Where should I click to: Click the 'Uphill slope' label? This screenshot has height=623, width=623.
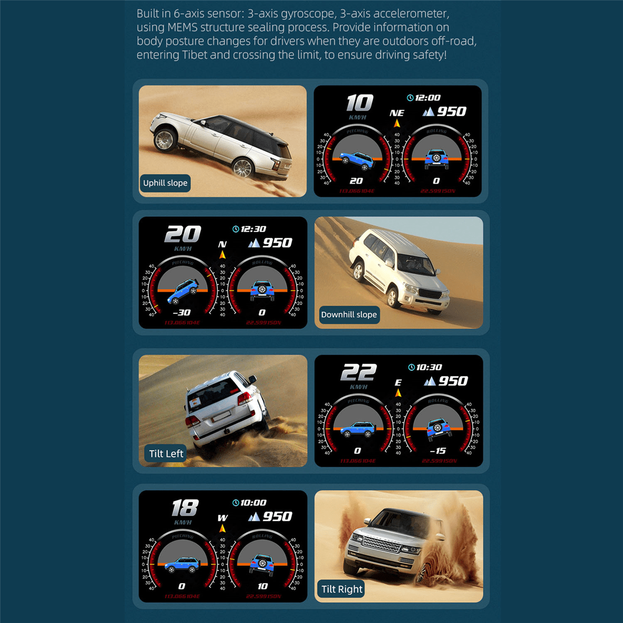pyautogui.click(x=165, y=183)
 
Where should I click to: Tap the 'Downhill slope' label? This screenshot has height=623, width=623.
pyautogui.click(x=349, y=315)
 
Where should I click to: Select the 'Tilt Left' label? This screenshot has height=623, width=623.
pyautogui.click(x=166, y=454)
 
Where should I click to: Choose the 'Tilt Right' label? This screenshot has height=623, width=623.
pyautogui.click(x=342, y=589)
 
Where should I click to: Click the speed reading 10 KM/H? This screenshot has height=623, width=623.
pyautogui.click(x=359, y=103)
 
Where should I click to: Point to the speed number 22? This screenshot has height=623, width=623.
pyautogui.click(x=358, y=373)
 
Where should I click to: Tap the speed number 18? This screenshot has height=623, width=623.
pyautogui.click(x=185, y=508)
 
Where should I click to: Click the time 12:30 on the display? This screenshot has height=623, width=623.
pyautogui.click(x=253, y=229)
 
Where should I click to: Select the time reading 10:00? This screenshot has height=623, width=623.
pyautogui.click(x=253, y=503)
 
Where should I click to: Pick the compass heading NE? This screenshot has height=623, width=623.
pyautogui.click(x=397, y=113)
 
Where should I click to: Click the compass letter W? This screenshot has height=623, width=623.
pyautogui.click(x=222, y=518)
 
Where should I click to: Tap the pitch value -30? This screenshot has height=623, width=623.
pyautogui.click(x=181, y=313)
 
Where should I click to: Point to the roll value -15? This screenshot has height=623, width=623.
pyautogui.click(x=438, y=451)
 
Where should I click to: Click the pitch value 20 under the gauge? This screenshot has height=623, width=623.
pyautogui.click(x=356, y=181)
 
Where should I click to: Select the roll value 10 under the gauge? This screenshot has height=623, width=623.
pyautogui.click(x=263, y=586)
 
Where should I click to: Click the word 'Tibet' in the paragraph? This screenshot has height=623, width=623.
pyautogui.click(x=195, y=55)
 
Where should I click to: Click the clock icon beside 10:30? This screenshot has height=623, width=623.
pyautogui.click(x=411, y=368)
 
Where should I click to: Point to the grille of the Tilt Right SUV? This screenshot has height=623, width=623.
pyautogui.click(x=382, y=545)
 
